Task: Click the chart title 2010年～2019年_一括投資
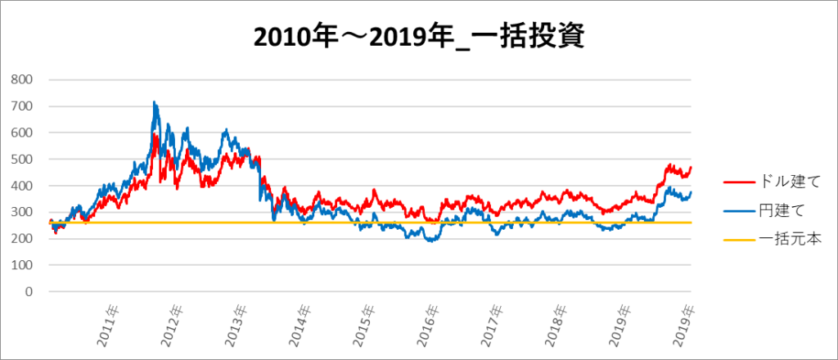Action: click(418, 38)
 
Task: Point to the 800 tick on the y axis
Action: click(23, 79)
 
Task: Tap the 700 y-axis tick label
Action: click(23, 106)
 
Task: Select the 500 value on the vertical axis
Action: click(23, 159)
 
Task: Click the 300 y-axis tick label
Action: click(23, 212)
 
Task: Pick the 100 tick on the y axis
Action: click(23, 265)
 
